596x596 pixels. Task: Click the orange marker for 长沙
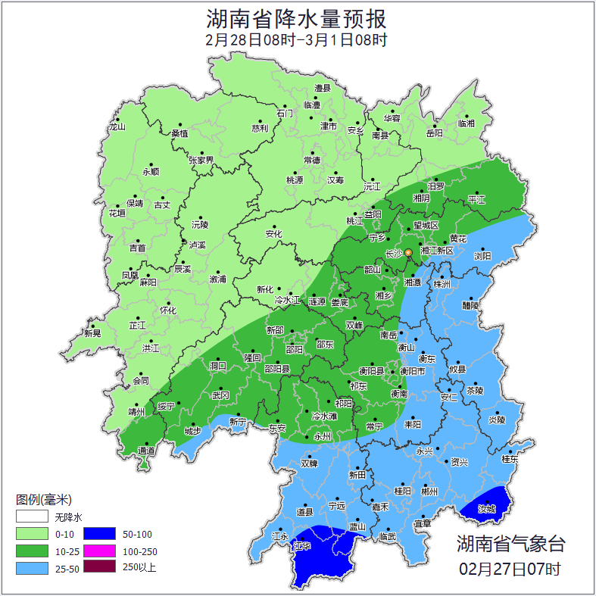pos(408,252)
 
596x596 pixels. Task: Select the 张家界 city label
pos(201,161)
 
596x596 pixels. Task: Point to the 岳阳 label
pos(434,133)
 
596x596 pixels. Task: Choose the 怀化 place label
pos(167,310)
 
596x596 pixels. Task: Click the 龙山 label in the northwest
pos(117,127)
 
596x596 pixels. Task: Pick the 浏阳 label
pos(482,256)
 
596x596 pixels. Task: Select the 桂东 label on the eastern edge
pos(510,459)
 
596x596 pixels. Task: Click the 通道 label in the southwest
pos(146,451)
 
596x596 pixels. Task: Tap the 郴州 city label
pos(429,491)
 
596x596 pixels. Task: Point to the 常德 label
pos(312,161)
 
